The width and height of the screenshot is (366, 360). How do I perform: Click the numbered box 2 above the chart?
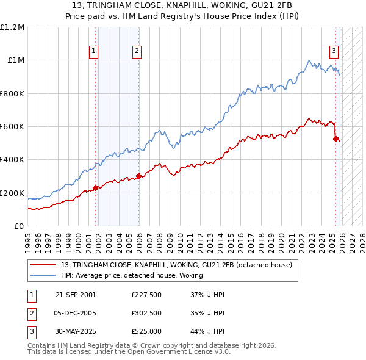tap(137, 52)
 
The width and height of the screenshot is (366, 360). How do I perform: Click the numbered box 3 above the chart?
tap(334, 52)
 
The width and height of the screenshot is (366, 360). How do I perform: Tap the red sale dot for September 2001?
tap(95, 188)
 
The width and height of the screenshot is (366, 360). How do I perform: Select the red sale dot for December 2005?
tap(138, 176)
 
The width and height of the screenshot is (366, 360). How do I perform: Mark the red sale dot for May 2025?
tap(335, 139)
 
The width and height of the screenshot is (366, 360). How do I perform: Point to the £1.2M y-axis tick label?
tap(12, 27)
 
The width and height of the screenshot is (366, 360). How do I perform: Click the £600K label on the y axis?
tap(12, 127)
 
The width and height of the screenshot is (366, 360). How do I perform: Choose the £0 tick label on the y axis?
tap(20, 226)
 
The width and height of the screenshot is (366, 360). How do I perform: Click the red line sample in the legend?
tap(43, 265)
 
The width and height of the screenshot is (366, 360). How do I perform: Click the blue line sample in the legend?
tap(43, 275)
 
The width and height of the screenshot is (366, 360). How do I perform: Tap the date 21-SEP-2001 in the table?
tap(76, 294)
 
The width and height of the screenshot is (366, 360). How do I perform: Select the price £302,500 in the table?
tap(146, 313)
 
